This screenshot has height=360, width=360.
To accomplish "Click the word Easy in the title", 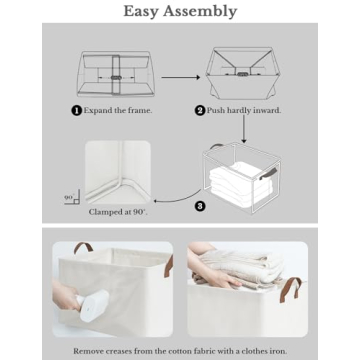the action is coord(140,11).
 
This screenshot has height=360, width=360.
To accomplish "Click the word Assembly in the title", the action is coord(200,12).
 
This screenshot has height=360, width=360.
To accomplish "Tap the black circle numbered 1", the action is coord(76,111).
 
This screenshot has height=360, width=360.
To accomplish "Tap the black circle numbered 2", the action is coord(200,111).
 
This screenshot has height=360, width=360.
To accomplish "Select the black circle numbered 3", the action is coord(200,206).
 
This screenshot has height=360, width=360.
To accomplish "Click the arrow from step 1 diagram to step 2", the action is coord(181,77).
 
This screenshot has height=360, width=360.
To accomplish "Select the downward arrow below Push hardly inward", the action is coord(244,130).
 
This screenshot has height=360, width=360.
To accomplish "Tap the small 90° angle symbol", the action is coord(72,199).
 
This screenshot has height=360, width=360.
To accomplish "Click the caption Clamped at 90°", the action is coord(118,212).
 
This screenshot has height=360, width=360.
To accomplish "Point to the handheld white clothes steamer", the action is coord(93,304).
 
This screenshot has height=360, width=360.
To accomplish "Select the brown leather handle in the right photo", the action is coord(290,289).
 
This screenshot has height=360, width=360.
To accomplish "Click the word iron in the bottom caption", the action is coord(278,351).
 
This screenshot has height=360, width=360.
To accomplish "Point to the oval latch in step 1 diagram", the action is coord(116,77).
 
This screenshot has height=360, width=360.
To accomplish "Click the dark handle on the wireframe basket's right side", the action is coord(268,176).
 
